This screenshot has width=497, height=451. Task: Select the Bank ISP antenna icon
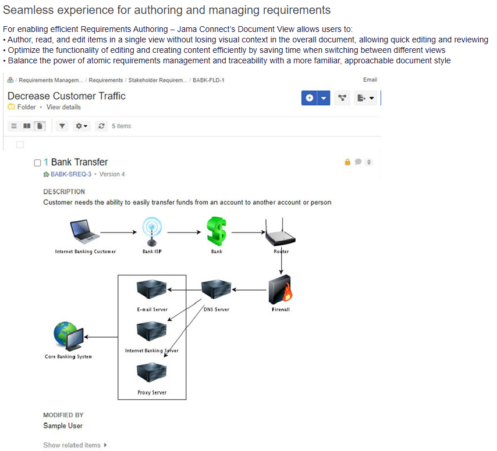pyautogui.click(x=152, y=231)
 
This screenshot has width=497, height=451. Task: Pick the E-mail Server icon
pyautogui.click(x=151, y=289)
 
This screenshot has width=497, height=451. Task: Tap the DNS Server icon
pyautogui.click(x=216, y=289)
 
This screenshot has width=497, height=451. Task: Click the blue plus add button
pyautogui.click(x=310, y=98)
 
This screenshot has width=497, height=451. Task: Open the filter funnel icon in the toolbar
pyautogui.click(x=62, y=126)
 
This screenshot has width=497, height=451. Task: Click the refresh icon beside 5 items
pyautogui.click(x=102, y=126)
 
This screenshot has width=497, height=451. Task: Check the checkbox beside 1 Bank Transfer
pyautogui.click(x=38, y=163)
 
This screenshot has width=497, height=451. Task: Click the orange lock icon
pyautogui.click(x=348, y=162)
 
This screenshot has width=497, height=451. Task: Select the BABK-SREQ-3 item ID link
pyautogui.click(x=70, y=174)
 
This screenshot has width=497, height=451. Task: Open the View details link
pyautogui.click(x=63, y=107)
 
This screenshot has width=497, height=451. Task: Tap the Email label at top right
pyautogui.click(x=370, y=80)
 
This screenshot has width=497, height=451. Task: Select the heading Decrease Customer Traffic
pyautogui.click(x=66, y=96)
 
